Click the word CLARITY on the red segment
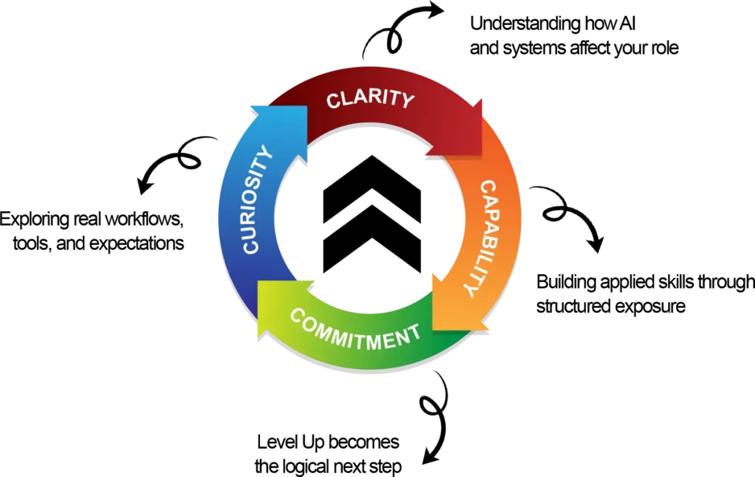[x=370, y=100]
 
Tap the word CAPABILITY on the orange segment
[x=484, y=238]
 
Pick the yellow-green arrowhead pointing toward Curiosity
[x=274, y=307]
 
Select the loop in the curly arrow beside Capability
[x=555, y=214]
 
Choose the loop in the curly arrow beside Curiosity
[x=190, y=160]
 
